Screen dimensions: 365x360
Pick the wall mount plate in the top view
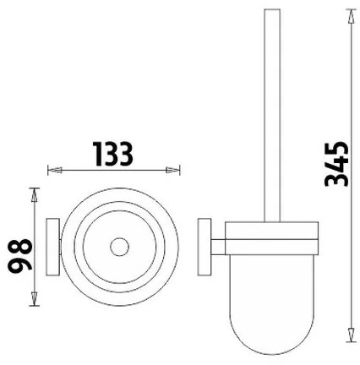(x=52, y=248)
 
